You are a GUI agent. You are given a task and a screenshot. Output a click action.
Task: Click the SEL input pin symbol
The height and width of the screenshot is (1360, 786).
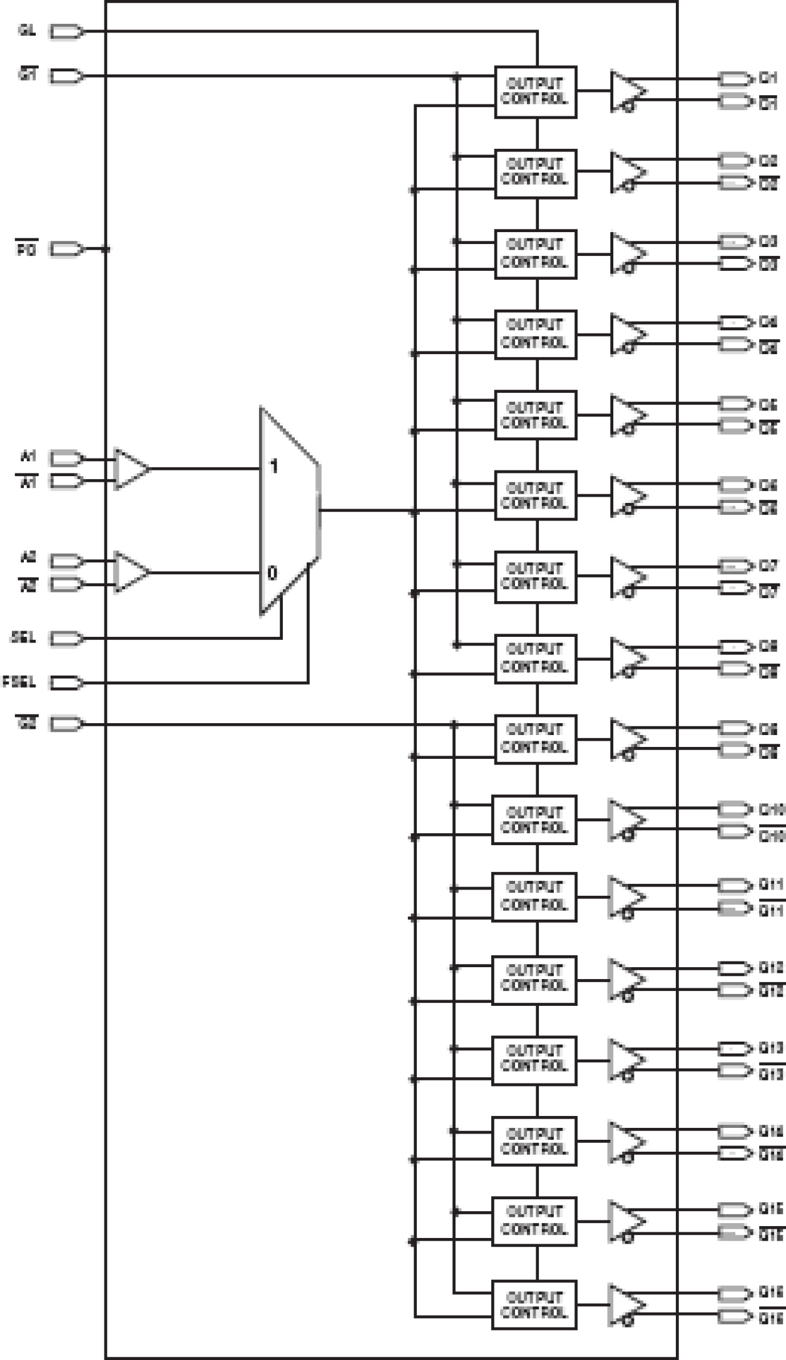click(x=66, y=639)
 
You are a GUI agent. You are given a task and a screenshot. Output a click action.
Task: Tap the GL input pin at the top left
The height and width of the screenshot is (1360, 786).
click(x=66, y=32)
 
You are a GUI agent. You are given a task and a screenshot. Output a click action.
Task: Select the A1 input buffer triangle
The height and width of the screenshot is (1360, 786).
click(x=131, y=468)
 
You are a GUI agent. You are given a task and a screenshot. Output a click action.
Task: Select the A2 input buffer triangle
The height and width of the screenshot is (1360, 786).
click(x=131, y=572)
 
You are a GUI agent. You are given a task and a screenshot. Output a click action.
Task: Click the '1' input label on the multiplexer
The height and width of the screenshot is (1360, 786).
click(x=273, y=466)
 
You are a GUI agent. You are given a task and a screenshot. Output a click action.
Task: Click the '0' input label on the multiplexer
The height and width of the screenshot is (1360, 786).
click(x=272, y=572)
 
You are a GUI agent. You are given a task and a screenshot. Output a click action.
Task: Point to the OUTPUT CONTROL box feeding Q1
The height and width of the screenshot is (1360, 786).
click(x=535, y=92)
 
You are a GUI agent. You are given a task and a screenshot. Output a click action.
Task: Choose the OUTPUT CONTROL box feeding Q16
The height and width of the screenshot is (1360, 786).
click(x=534, y=1305)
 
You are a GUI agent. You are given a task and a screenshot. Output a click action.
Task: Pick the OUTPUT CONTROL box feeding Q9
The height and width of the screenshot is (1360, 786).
click(x=535, y=739)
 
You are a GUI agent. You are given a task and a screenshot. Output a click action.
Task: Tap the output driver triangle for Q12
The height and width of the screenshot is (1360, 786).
click(x=625, y=979)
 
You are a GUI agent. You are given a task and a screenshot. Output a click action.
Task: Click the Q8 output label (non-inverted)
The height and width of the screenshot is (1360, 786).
click(x=768, y=647)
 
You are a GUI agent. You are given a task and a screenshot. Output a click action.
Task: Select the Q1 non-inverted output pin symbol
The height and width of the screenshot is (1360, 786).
click(x=735, y=79)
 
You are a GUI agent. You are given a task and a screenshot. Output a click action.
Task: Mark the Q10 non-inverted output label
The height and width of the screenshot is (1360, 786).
click(x=771, y=809)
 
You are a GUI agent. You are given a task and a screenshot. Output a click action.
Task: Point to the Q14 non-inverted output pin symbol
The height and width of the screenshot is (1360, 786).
click(x=735, y=1131)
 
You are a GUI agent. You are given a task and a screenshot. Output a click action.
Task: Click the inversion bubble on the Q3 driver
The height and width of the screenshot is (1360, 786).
click(x=629, y=268)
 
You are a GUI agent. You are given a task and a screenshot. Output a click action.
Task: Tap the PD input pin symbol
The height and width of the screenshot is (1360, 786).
click(x=66, y=249)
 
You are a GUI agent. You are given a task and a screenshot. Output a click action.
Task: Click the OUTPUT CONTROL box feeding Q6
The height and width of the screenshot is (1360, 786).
click(x=535, y=495)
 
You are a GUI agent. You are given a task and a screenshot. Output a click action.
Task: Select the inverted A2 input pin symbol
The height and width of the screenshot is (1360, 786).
click(x=66, y=585)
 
